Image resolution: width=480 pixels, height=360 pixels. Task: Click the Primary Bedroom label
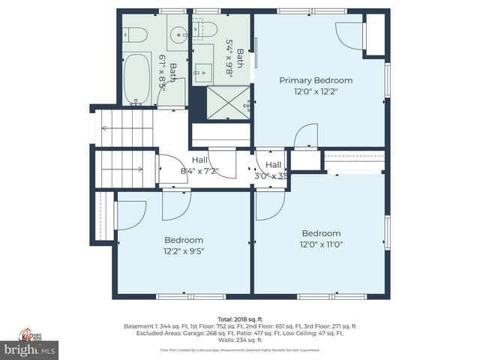316,80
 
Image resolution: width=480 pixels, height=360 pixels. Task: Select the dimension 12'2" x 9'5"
184,251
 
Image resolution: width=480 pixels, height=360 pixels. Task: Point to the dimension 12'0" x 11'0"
321,244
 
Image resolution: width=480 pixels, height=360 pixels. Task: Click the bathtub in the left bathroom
138,79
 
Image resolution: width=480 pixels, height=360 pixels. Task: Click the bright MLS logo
30,349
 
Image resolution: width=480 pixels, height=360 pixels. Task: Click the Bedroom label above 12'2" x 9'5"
184,240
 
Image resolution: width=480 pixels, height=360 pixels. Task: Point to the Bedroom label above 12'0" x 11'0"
321,232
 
